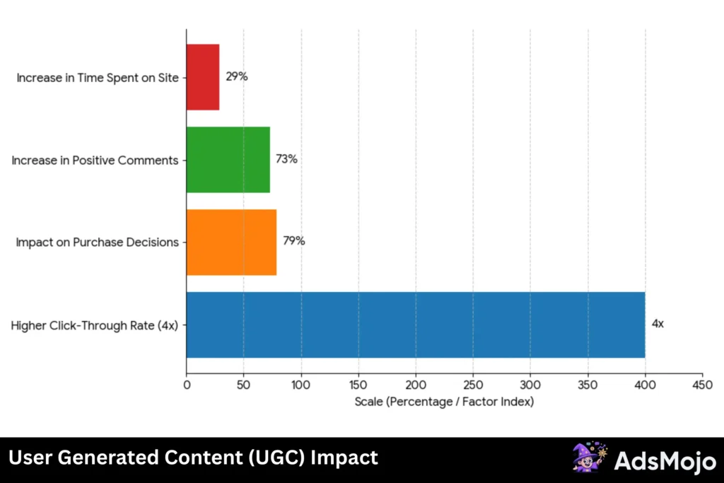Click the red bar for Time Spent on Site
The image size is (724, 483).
pyautogui.click(x=203, y=77)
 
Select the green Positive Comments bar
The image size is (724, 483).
pyautogui.click(x=228, y=160)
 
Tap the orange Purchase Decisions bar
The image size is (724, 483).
pyautogui.click(x=231, y=242)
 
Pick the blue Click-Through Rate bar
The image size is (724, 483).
pyautogui.click(x=415, y=325)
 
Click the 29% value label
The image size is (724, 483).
pyautogui.click(x=237, y=76)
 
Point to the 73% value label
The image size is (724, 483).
pyautogui.click(x=286, y=159)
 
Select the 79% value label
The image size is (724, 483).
pyautogui.click(x=293, y=241)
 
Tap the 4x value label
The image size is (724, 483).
pyautogui.click(x=658, y=324)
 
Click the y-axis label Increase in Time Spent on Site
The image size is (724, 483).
pyautogui.click(x=98, y=78)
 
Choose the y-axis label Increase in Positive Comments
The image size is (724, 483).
pyautogui.click(x=95, y=161)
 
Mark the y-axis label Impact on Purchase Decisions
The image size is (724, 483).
pyautogui.click(x=98, y=243)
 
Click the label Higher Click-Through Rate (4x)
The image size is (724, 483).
pyautogui.click(x=95, y=325)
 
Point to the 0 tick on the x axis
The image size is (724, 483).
pyautogui.click(x=187, y=386)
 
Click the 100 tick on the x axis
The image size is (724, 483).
pyautogui.click(x=301, y=386)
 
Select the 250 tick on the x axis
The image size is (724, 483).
pyautogui.click(x=473, y=386)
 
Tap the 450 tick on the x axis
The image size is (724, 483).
pyautogui.click(x=702, y=386)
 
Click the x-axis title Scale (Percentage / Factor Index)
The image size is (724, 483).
pyautogui.click(x=444, y=402)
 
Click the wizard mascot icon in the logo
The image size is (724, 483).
pyautogui.click(x=588, y=458)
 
